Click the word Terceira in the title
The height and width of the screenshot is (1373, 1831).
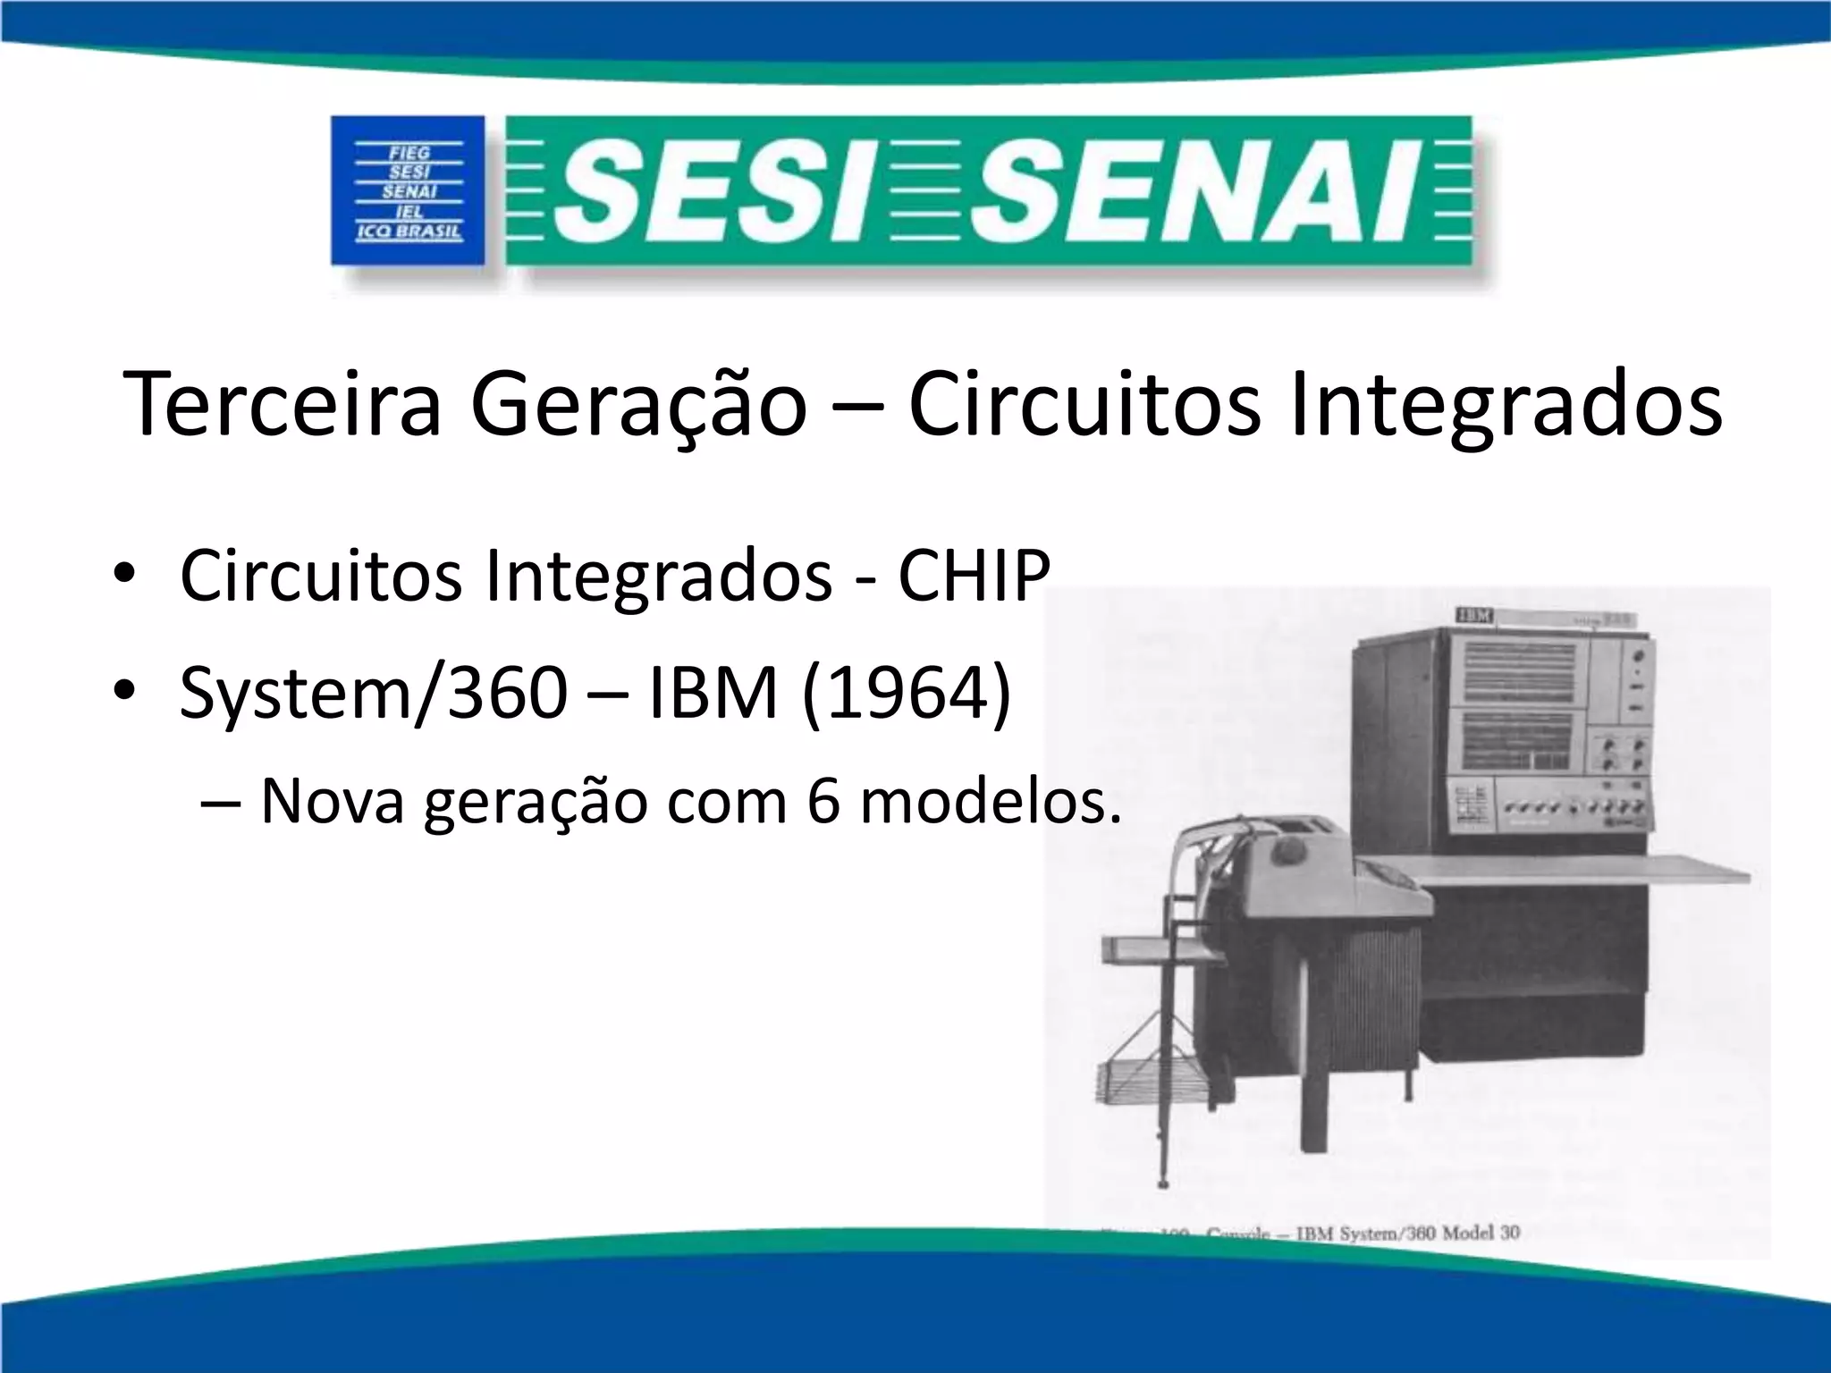point(283,405)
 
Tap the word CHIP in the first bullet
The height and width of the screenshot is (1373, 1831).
point(974,577)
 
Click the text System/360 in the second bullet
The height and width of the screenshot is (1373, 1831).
point(374,694)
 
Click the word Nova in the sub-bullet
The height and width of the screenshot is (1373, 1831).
point(333,801)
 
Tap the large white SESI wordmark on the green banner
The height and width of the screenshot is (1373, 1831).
point(709,192)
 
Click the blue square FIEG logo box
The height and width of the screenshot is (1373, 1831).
point(408,190)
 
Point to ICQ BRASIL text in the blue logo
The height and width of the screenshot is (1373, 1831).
point(409,232)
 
